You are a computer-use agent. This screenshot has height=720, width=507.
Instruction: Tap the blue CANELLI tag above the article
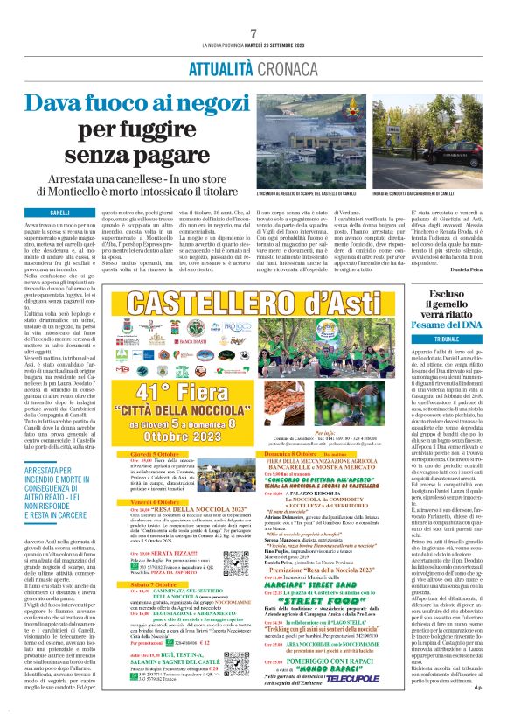click(60, 213)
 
